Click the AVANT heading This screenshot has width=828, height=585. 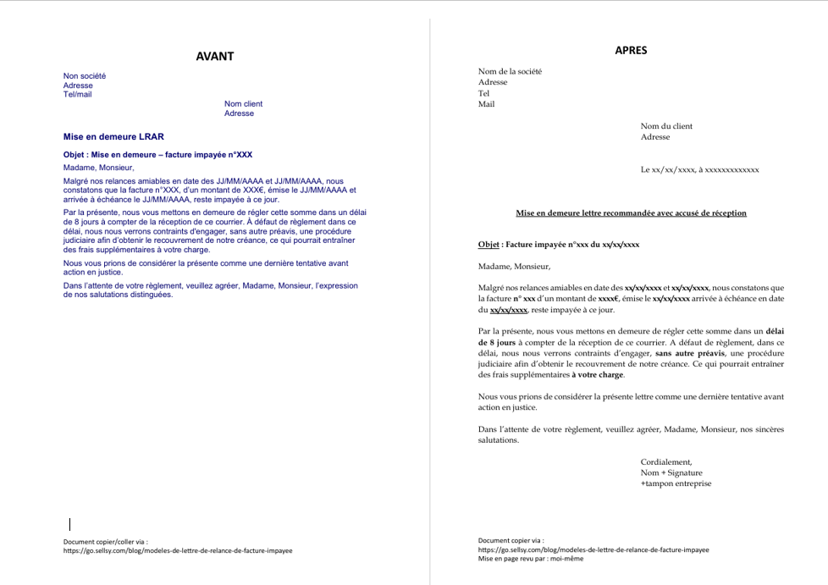pos(214,57)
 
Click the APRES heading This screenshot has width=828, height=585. pos(631,50)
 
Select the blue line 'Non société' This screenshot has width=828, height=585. pos(85,76)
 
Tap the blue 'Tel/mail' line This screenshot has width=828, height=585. pos(78,94)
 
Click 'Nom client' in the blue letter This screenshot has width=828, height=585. pos(244,104)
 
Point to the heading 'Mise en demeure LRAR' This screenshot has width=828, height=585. pos(113,136)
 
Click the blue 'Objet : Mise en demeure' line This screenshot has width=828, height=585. pos(157,155)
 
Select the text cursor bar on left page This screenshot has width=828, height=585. pos(69,525)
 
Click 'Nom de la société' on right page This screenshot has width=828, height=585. pos(510,71)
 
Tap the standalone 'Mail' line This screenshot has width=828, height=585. pos(486,104)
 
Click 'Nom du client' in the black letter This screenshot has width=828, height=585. pos(666,126)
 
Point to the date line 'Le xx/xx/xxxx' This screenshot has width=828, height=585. pos(700,169)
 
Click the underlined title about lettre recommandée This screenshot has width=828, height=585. pos(631,212)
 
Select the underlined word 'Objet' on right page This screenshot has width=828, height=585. pos(489,245)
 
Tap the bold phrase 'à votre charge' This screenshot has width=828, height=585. pos(598,374)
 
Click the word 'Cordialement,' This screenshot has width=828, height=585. pos(666,461)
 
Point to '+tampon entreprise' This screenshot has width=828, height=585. pos(676,483)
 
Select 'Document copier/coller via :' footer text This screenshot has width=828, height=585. pos(106,541)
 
